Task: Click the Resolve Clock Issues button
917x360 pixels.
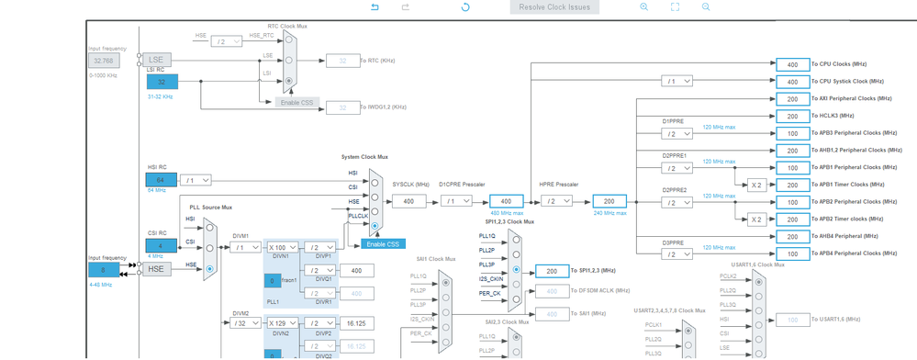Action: [x=554, y=7]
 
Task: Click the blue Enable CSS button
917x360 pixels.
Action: [x=382, y=243]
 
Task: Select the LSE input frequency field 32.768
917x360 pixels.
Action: [x=104, y=61]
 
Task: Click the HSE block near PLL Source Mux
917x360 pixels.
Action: [x=156, y=268]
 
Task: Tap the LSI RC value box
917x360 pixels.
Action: [x=162, y=82]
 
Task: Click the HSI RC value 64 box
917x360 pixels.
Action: [x=162, y=180]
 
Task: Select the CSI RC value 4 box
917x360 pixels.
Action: [x=162, y=246]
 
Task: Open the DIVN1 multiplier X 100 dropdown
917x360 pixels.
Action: [x=282, y=247]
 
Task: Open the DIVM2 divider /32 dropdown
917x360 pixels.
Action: [x=245, y=322]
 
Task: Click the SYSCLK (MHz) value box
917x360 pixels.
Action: [x=408, y=201]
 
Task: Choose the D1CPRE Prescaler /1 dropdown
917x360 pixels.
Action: [x=455, y=201]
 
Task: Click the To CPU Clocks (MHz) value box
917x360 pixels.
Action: [x=792, y=64]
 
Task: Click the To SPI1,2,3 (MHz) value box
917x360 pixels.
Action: [x=552, y=271]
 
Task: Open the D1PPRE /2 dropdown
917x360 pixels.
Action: [x=677, y=133]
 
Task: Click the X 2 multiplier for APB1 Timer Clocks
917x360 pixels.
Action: [x=756, y=185]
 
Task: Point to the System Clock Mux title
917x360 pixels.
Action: [x=364, y=157]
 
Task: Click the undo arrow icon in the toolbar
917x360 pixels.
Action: [x=375, y=7]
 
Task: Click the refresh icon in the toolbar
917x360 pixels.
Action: [x=465, y=7]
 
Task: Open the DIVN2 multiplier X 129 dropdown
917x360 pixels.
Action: [x=282, y=322]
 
